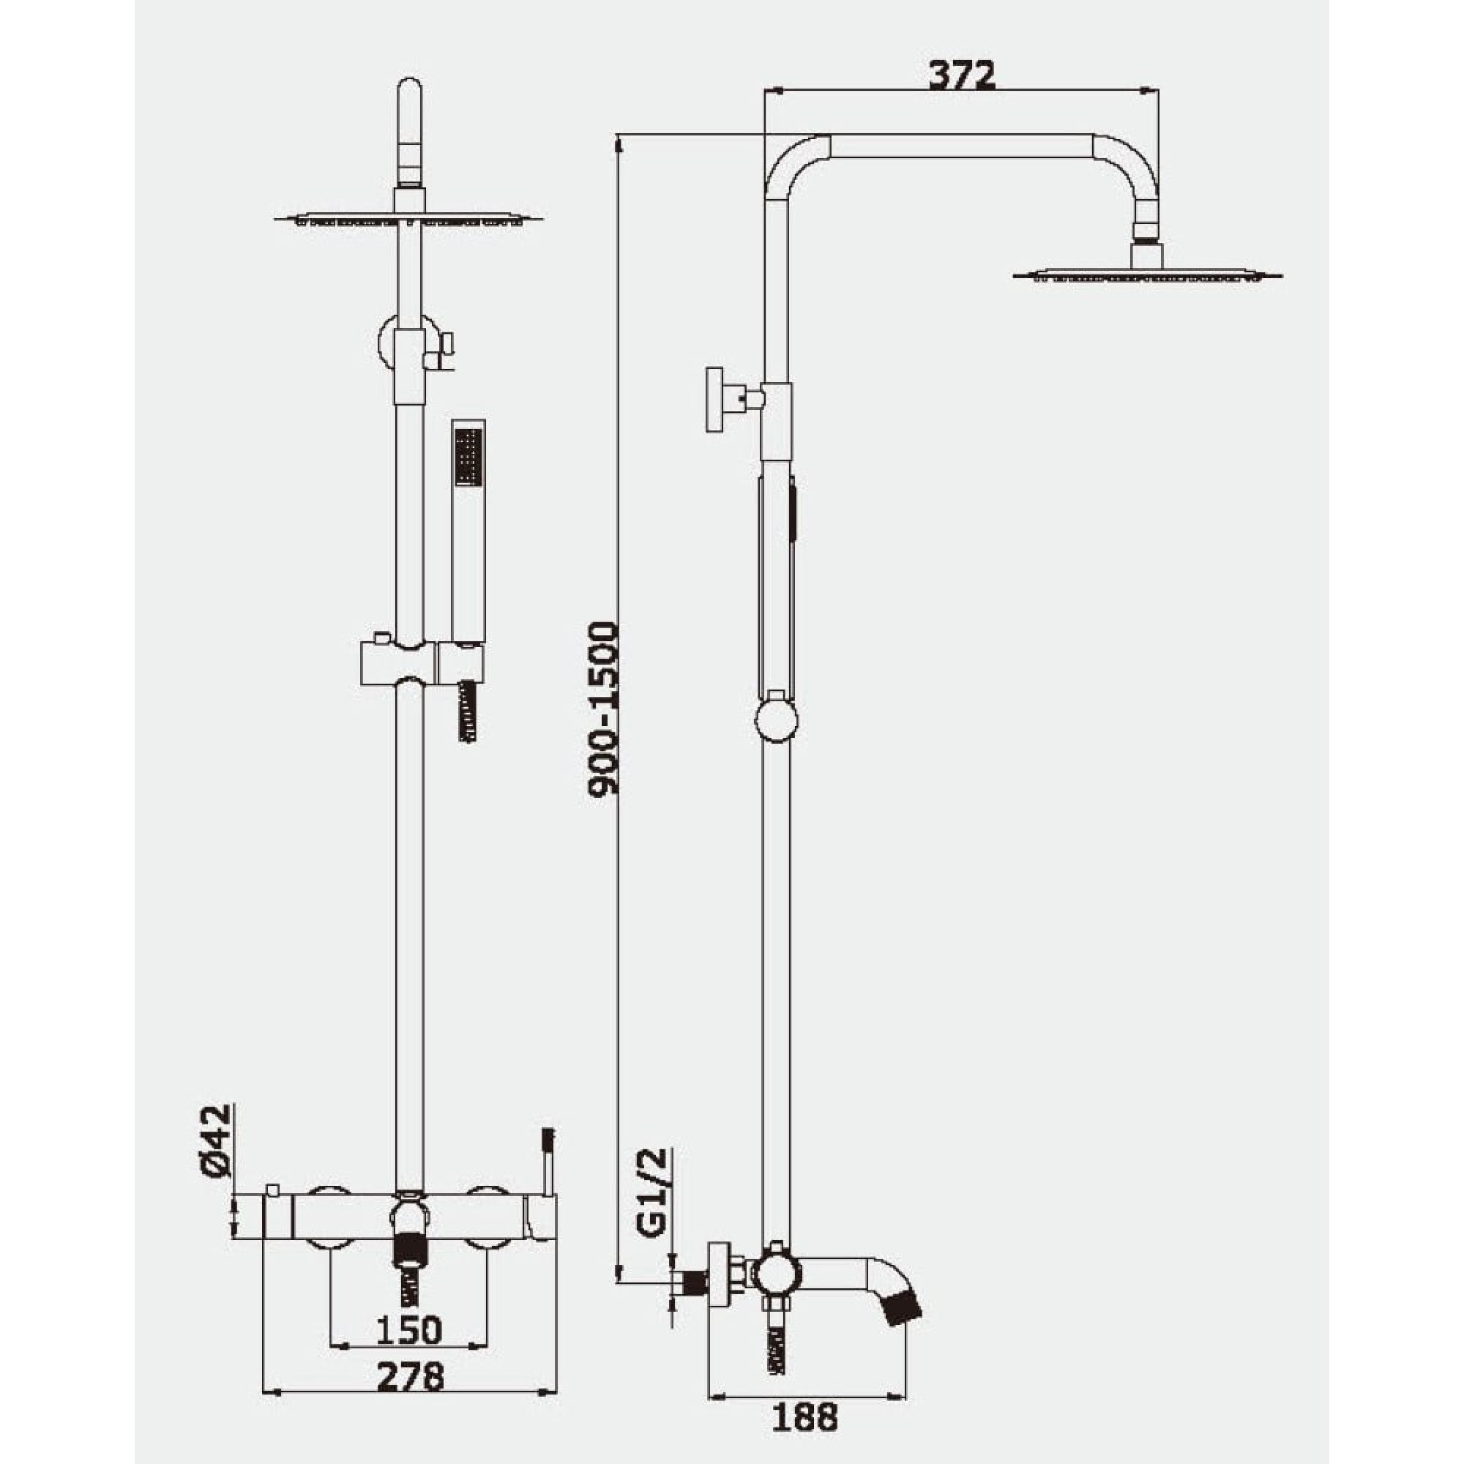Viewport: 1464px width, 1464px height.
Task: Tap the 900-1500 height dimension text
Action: click(x=603, y=709)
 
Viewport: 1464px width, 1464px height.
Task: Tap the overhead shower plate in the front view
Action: click(x=408, y=220)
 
